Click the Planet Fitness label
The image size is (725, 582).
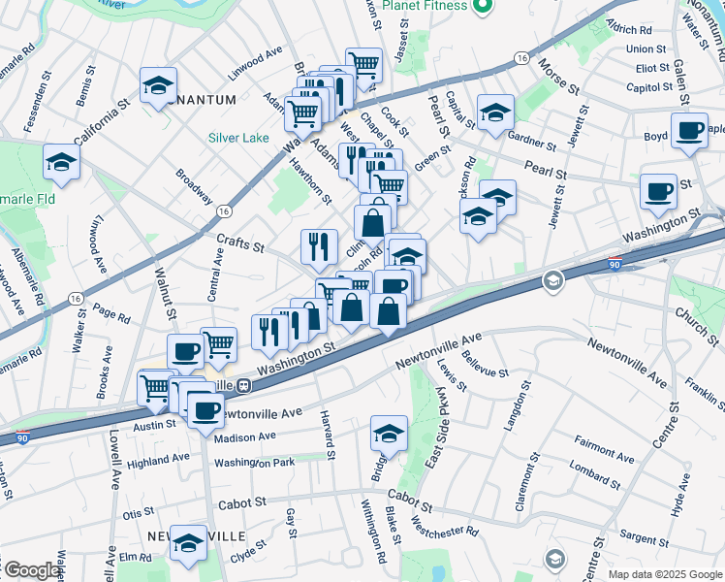tap(424, 6)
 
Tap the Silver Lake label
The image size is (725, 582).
tap(238, 138)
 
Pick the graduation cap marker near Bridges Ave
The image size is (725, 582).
tap(389, 433)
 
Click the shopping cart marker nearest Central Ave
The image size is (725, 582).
tap(219, 343)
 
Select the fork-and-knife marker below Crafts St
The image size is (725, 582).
tap(319, 245)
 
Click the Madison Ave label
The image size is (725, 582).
tap(246, 437)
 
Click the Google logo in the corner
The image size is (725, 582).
tap(31, 570)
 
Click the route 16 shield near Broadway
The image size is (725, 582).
tap(224, 210)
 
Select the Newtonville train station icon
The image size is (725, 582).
tap(245, 385)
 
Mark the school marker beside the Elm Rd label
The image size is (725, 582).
tap(188, 544)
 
